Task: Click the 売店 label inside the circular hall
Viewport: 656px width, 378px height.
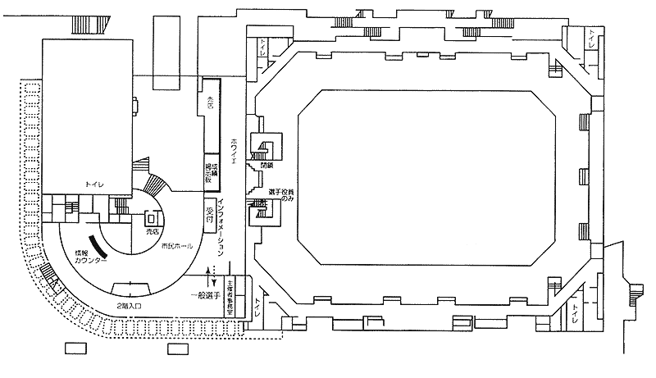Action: tap(150, 233)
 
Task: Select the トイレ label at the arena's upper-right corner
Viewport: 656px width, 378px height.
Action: tap(591, 39)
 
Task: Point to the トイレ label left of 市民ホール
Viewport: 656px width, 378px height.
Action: tap(95, 186)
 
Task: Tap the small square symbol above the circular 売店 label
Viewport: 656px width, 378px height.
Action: tap(150, 220)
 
